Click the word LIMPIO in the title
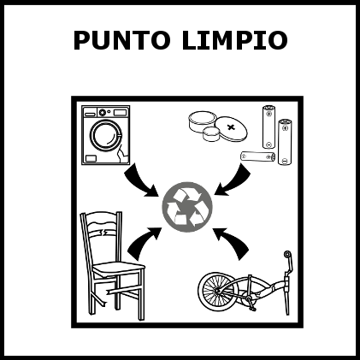pyautogui.click(x=233, y=40)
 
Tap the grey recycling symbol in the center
pyautogui.click(x=187, y=207)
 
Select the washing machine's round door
pyautogui.click(x=106, y=135)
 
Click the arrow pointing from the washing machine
pyautogui.click(x=139, y=181)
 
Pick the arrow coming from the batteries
pyautogui.click(x=234, y=181)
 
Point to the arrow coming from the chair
pyautogui.click(x=143, y=242)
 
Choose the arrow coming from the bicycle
pyautogui.click(x=233, y=242)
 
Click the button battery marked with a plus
pyautogui.click(x=231, y=127)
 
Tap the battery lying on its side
pyautogui.click(x=257, y=156)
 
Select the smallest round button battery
pyautogui.click(x=211, y=133)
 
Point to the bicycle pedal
pyautogui.click(x=252, y=307)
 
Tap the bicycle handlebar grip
pyautogui.click(x=287, y=254)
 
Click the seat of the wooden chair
pyautogui.click(x=119, y=268)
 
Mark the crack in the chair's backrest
pyautogui.click(x=102, y=233)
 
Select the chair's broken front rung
pyautogui.click(x=121, y=292)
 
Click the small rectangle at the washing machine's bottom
pyautogui.click(x=91, y=158)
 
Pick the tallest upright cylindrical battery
pyautogui.click(x=285, y=142)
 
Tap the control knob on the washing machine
pyautogui.click(x=103, y=112)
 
